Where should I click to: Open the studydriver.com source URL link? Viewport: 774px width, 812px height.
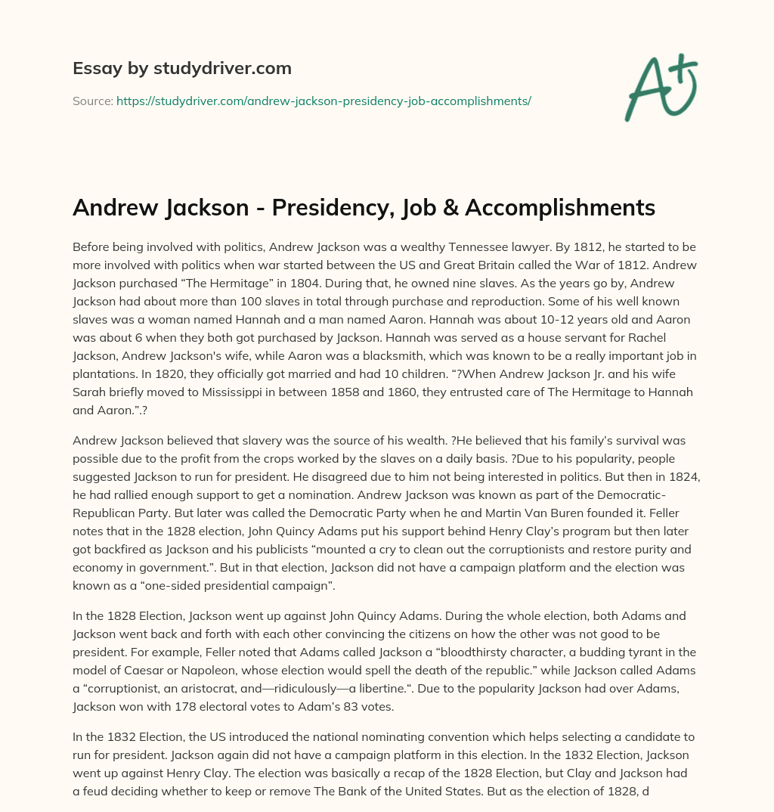click(324, 101)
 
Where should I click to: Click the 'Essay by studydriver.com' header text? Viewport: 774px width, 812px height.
click(181, 68)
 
